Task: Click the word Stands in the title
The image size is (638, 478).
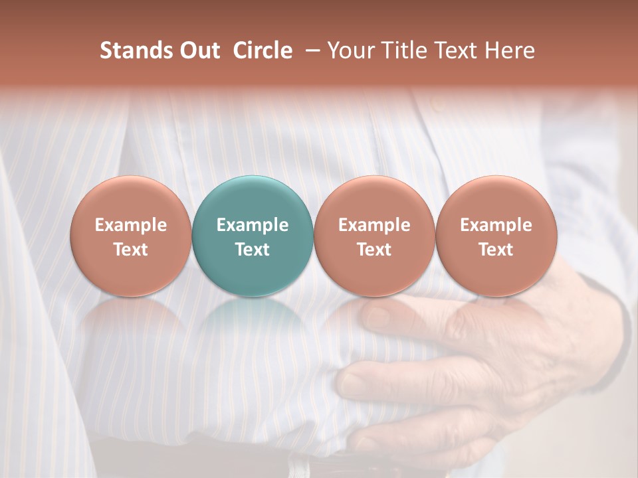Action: coord(134,50)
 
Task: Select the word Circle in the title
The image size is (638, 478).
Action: coord(263,50)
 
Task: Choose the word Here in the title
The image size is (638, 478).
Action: coord(510,50)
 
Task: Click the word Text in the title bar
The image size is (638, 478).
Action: coord(457,50)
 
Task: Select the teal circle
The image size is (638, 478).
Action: coord(253,236)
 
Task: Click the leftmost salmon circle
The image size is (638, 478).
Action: coord(130,236)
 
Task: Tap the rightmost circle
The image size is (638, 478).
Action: coord(496,236)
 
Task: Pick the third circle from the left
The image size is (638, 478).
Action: coord(374,236)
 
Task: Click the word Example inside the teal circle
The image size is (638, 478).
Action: coord(253,225)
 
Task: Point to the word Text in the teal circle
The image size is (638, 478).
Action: coord(253,250)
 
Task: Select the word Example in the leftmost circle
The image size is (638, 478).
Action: coord(130,225)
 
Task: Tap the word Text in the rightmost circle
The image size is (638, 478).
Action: coord(496,250)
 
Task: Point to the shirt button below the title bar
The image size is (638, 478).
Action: coord(435,104)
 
